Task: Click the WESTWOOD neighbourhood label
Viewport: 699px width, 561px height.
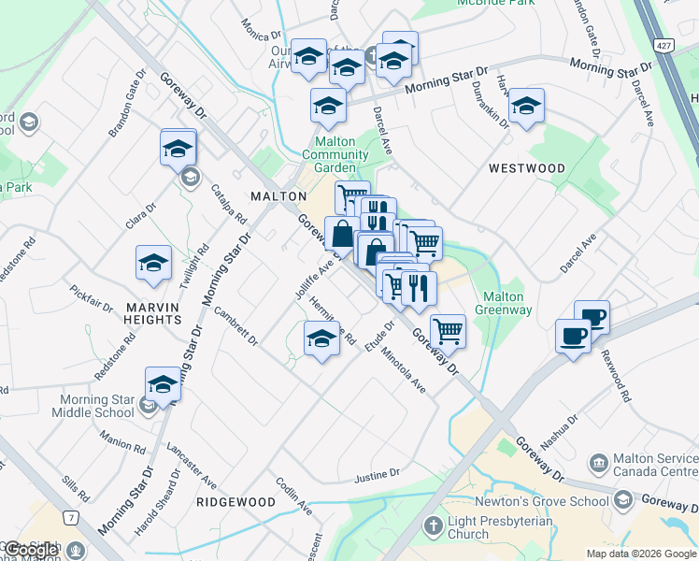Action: point(527,168)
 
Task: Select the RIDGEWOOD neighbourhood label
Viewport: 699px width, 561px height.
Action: point(236,502)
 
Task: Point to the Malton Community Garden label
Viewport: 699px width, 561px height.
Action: point(341,154)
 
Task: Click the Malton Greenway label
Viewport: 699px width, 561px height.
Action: point(504,304)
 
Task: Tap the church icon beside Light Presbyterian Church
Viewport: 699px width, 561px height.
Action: point(432,526)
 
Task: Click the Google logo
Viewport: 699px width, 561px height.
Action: point(31,551)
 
